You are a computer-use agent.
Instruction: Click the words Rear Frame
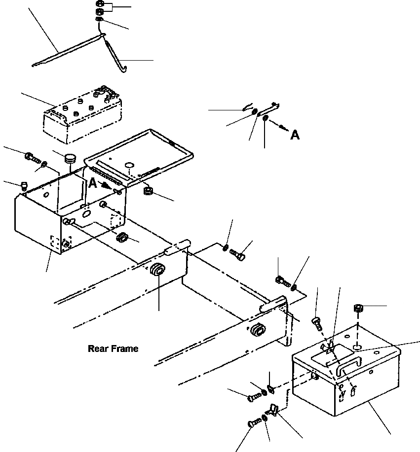pyautogui.click(x=113, y=348)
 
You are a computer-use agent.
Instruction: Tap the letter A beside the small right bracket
pyautogui.click(x=295, y=135)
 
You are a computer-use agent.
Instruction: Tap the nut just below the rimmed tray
pyautogui.click(x=147, y=190)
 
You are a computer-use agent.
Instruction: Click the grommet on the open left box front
pyautogui.click(x=121, y=239)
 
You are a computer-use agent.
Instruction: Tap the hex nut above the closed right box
pyautogui.click(x=359, y=309)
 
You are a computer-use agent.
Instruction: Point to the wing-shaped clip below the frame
pyautogui.click(x=273, y=409)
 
